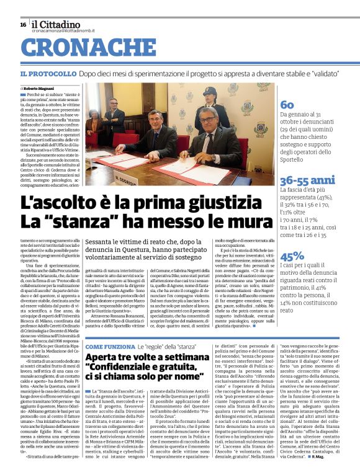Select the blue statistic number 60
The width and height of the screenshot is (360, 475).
pos(287,104)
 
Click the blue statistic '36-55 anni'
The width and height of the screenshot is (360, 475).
pos(308,180)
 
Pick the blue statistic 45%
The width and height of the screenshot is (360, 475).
pos(292,255)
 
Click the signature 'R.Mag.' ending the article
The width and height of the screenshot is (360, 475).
pos(344,458)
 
